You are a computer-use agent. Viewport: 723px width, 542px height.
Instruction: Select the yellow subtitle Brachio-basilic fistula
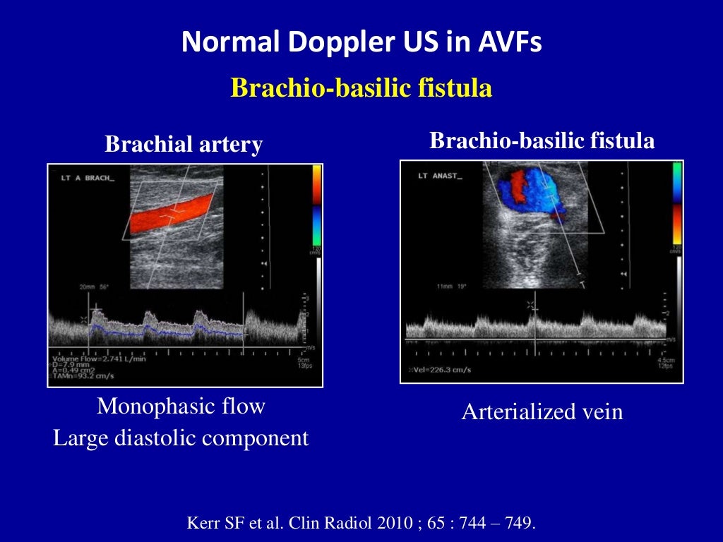pyautogui.click(x=361, y=89)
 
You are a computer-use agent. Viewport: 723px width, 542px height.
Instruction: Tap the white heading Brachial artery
pyautogui.click(x=184, y=145)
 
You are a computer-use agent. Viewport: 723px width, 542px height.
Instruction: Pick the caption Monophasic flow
pyautogui.click(x=181, y=406)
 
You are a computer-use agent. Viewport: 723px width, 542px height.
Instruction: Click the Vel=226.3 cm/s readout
pyautogui.click(x=443, y=371)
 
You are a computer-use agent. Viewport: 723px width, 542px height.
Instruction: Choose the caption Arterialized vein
pyautogui.click(x=542, y=412)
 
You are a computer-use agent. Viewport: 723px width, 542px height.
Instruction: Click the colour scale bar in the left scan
pyautogui.click(x=316, y=205)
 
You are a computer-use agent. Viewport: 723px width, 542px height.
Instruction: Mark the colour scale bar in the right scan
pyautogui.click(x=676, y=205)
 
